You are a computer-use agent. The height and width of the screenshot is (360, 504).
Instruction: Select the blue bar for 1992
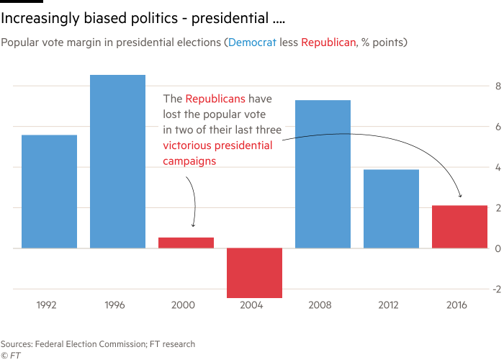coord(49,191)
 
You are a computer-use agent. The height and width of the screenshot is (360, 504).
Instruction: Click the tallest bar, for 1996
coord(117,161)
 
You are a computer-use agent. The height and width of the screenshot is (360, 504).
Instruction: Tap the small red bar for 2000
coord(186,242)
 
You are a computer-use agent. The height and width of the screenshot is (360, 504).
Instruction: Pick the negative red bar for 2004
coord(254,272)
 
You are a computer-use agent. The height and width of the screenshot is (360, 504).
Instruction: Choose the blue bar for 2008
coord(323,174)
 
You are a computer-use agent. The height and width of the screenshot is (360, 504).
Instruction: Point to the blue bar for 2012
coord(391,208)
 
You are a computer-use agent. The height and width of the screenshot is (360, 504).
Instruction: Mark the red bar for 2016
coord(459,226)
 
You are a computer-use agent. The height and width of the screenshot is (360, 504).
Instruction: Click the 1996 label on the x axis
coord(117,305)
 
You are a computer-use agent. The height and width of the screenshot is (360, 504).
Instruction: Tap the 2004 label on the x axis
coord(254,305)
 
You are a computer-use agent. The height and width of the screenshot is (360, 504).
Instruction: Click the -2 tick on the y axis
coord(492,289)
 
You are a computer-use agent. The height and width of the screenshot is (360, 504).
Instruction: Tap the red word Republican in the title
coord(328,43)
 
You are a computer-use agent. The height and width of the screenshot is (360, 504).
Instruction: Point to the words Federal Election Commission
coord(79,344)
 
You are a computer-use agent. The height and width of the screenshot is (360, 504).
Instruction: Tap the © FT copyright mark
coord(9,354)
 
